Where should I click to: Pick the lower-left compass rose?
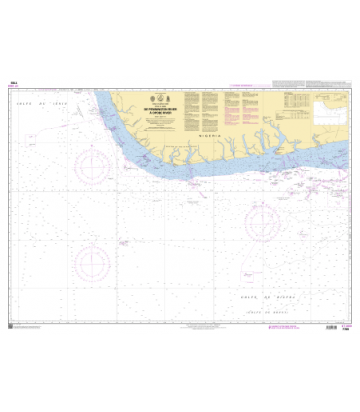click(94, 260)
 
